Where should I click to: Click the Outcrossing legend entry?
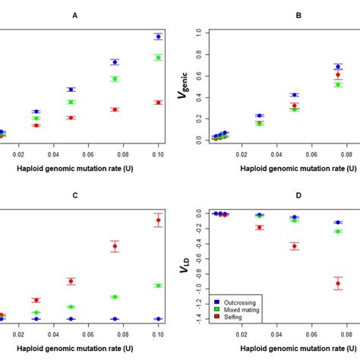point(238,302)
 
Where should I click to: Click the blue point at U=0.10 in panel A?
point(158,36)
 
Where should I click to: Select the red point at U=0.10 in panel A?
point(158,103)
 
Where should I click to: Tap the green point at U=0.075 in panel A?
point(115,79)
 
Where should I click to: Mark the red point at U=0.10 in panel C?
point(158,220)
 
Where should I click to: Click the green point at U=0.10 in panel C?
point(158,286)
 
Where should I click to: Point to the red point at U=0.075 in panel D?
point(338,283)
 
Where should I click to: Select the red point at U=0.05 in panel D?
point(294,245)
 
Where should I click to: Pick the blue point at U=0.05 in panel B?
point(294,95)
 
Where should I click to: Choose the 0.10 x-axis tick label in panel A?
point(158,154)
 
